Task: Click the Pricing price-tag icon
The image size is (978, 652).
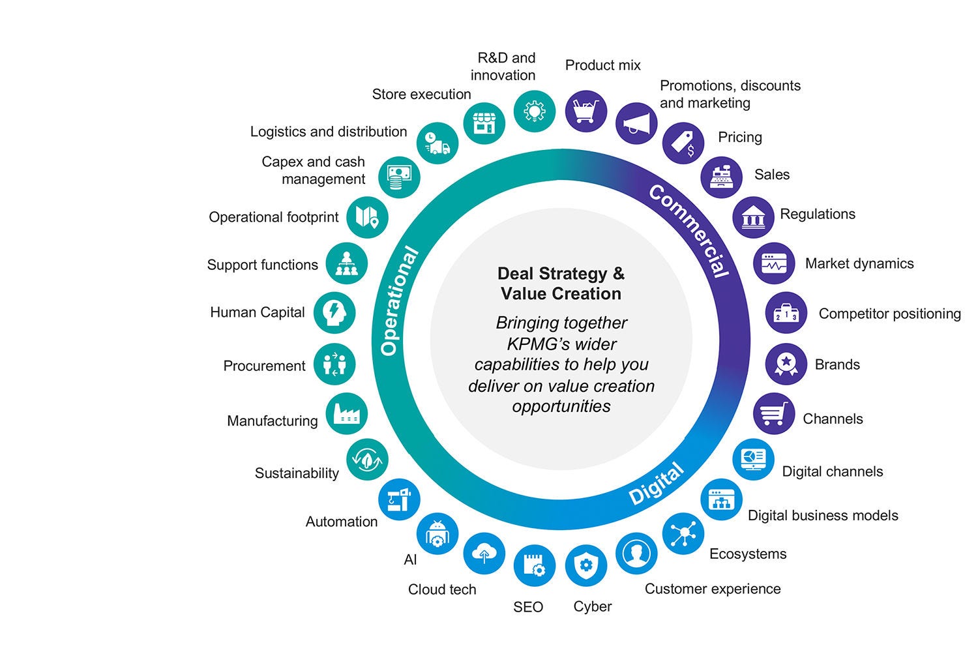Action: pyautogui.click(x=683, y=143)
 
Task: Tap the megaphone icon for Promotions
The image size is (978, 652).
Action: pyautogui.click(x=636, y=123)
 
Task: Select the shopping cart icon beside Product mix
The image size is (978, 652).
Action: pyautogui.click(x=585, y=111)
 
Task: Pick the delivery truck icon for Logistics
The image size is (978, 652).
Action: pyautogui.click(x=437, y=143)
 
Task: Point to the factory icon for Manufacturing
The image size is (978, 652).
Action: pyautogui.click(x=346, y=414)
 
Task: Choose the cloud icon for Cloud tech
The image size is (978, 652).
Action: pyautogui.click(x=484, y=554)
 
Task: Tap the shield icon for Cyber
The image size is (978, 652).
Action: pyautogui.click(x=585, y=565)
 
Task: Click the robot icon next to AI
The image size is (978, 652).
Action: pyautogui.click(x=437, y=534)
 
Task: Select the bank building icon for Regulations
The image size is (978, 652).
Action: pyautogui.click(x=753, y=217)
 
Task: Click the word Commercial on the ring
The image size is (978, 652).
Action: pyautogui.click(x=689, y=230)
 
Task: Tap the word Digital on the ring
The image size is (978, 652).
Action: pyautogui.click(x=656, y=484)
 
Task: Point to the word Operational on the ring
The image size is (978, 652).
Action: pyautogui.click(x=398, y=301)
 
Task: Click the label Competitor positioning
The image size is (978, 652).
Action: pyautogui.click(x=889, y=314)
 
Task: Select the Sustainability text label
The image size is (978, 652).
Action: pyautogui.click(x=297, y=473)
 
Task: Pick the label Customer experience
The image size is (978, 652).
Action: pyautogui.click(x=713, y=589)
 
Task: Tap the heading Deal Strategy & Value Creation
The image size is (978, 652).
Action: pyautogui.click(x=561, y=284)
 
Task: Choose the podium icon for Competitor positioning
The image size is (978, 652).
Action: pyautogui.click(x=786, y=313)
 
